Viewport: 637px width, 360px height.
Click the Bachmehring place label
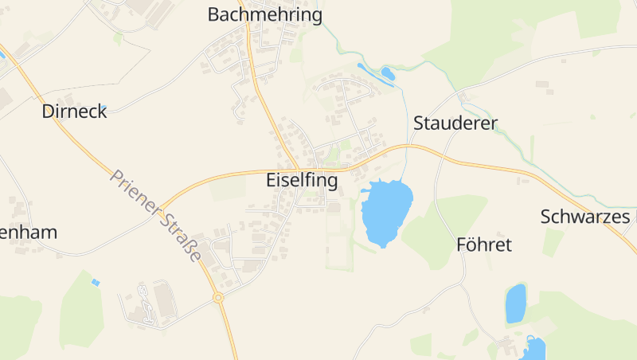click(264, 14)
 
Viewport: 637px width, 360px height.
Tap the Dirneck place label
click(74, 112)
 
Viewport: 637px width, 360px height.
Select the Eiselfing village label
click(301, 181)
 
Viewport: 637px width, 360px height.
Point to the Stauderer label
click(455, 123)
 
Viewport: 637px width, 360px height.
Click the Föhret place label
click(483, 244)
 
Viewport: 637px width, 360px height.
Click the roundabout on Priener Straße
click(218, 298)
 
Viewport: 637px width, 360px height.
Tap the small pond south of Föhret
click(516, 303)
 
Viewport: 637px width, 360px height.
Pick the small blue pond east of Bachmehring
click(387, 74)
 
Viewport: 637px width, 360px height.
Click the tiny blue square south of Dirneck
click(96, 282)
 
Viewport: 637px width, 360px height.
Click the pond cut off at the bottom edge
click(534, 349)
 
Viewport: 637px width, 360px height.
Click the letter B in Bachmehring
click(214, 14)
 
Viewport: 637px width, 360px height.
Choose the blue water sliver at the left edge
click(2, 54)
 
